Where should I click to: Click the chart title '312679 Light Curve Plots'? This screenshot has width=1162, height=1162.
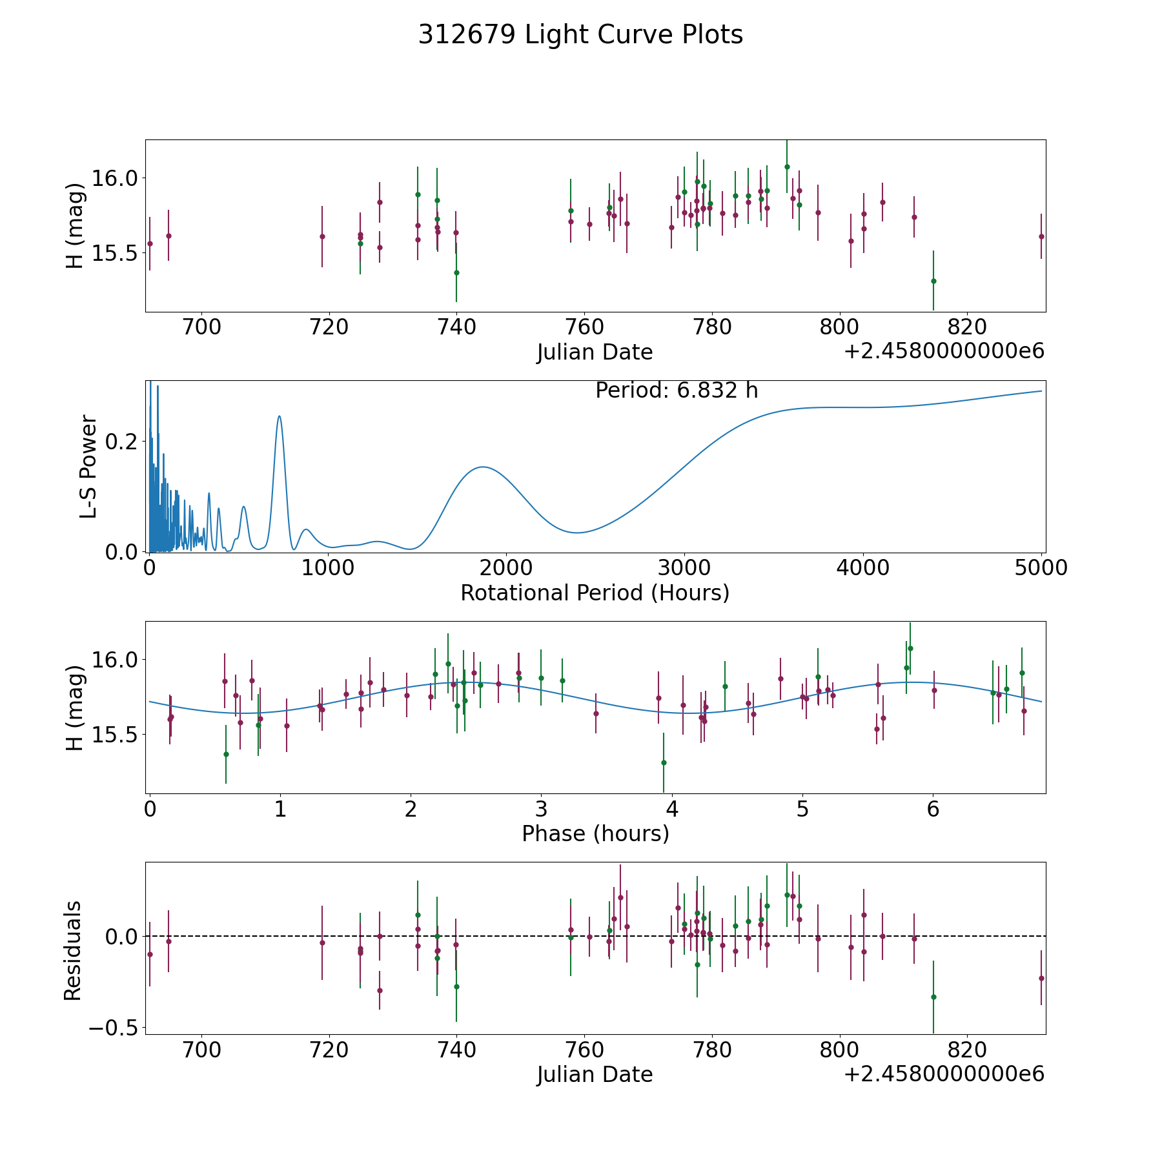coord(580,35)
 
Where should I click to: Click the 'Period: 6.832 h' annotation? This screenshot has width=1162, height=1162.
coord(677,391)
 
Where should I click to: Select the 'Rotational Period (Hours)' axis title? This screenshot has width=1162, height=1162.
coord(595,593)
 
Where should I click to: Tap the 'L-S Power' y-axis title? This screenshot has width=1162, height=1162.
coord(88,466)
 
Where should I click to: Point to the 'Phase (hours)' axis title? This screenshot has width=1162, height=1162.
coord(595,833)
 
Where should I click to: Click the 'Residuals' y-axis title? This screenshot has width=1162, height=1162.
coord(73,950)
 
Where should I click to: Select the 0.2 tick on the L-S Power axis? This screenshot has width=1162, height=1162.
coord(125,442)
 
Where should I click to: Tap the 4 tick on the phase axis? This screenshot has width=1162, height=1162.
coord(672,808)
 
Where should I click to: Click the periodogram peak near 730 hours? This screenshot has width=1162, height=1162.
coord(279,416)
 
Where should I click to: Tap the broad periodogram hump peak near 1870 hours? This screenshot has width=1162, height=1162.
coord(482,467)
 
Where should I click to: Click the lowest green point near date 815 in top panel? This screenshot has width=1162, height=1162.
coord(933,281)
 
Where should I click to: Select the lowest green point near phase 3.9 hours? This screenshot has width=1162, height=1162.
coord(664,762)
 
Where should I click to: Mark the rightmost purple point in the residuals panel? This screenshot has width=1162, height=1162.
coord(1041,978)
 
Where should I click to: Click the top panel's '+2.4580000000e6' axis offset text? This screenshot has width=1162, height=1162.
coord(944,351)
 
